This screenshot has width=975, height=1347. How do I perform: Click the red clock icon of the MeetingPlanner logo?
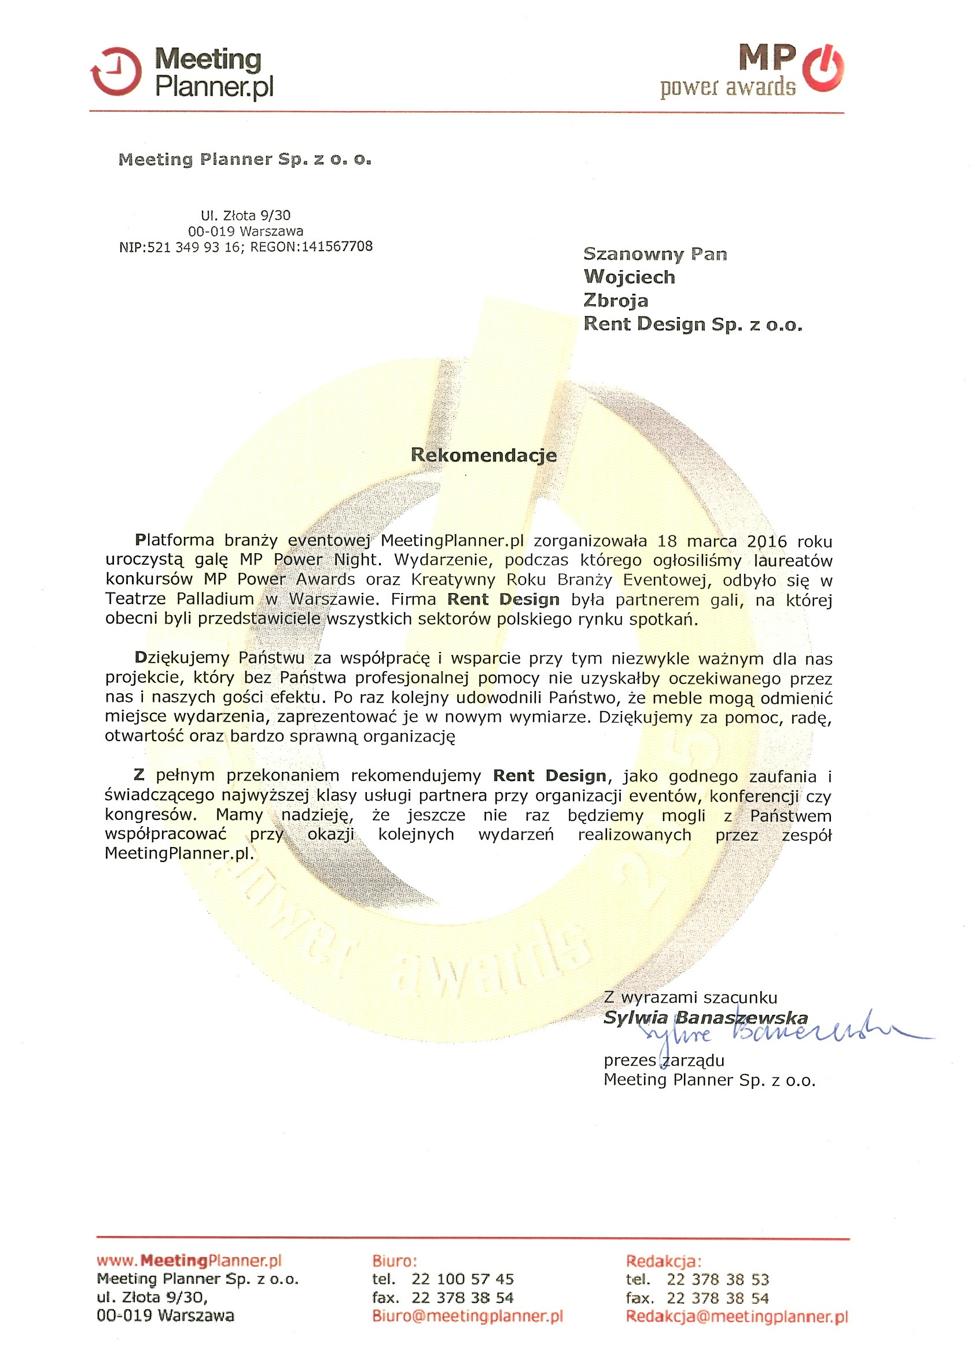pyautogui.click(x=116, y=72)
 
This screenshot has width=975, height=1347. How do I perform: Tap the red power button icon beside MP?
pyautogui.click(x=822, y=69)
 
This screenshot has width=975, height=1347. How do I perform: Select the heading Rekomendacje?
pyautogui.click(x=483, y=455)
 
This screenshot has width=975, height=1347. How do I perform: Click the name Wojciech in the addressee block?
pyautogui.click(x=630, y=277)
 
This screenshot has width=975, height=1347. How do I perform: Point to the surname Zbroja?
pyautogui.click(x=616, y=300)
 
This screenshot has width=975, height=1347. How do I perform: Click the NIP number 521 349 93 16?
pyautogui.click(x=194, y=247)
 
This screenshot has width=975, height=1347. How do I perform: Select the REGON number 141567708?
pyautogui.click(x=337, y=246)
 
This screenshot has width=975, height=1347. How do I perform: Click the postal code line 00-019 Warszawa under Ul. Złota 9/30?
pyautogui.click(x=245, y=231)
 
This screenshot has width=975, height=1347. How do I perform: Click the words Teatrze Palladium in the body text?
pyautogui.click(x=179, y=599)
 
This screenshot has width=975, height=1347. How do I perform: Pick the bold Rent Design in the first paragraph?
pyautogui.click(x=503, y=600)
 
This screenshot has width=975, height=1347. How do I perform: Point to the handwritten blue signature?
pyautogui.click(x=772, y=1035)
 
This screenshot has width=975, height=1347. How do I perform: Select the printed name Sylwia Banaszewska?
pyautogui.click(x=705, y=1018)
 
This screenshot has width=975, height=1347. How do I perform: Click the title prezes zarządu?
pyautogui.click(x=664, y=1060)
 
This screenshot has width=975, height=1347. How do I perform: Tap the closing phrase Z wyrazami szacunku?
pyautogui.click(x=690, y=998)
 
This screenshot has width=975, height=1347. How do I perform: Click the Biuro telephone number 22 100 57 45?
pyautogui.click(x=462, y=1279)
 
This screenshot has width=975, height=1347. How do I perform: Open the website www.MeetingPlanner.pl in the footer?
pyautogui.click(x=189, y=1260)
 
